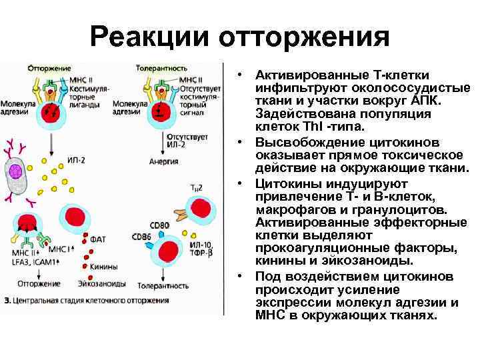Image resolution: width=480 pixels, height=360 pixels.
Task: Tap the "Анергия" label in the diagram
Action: [x=163, y=161]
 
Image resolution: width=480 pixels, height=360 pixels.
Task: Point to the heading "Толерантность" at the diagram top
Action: [x=161, y=67]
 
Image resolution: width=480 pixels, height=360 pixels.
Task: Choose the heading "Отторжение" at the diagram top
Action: [x=46, y=67]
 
